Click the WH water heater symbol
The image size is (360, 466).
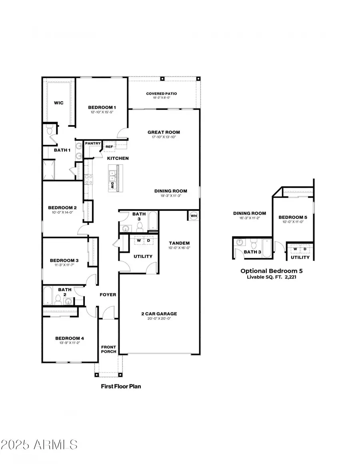(x=194, y=216)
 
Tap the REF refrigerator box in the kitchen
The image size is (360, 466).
(x=109, y=147)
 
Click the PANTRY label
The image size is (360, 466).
(x=92, y=143)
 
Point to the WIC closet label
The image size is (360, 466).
(x=59, y=103)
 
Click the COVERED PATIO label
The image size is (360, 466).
(x=161, y=94)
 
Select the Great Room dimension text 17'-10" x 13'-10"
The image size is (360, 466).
(x=164, y=137)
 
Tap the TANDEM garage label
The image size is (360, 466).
(x=179, y=243)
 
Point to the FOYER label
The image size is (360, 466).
(x=108, y=295)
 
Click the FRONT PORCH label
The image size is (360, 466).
(x=108, y=349)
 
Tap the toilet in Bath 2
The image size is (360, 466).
(x=58, y=298)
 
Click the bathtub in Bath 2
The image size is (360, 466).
(x=47, y=295)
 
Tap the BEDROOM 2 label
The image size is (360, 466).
(x=62, y=208)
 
